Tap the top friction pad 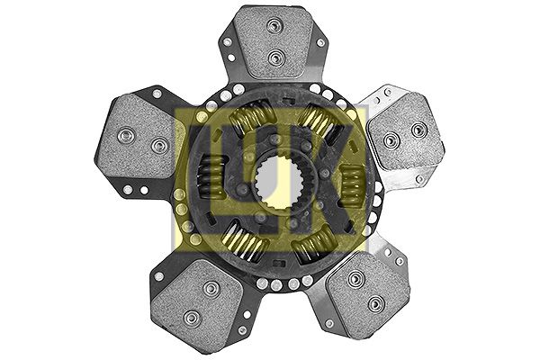click(274, 41)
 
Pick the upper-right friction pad click(406, 132)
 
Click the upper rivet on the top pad click(274, 26)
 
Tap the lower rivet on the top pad click(275, 57)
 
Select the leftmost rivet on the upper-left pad click(125, 134)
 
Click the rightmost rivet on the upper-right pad click(418, 130)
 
